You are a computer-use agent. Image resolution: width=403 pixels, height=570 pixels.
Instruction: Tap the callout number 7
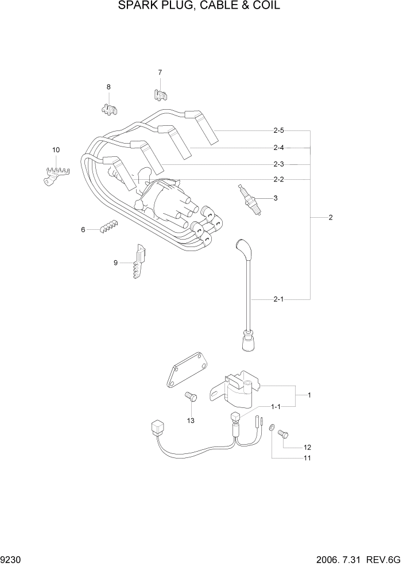tap(160, 72)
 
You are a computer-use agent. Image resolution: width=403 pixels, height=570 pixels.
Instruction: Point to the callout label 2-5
tap(278, 131)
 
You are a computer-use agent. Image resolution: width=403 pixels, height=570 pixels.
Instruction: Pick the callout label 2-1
tap(278, 299)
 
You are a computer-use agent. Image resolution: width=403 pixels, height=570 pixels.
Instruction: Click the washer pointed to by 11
tap(272, 430)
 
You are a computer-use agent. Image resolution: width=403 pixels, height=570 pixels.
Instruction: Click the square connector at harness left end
tap(154, 427)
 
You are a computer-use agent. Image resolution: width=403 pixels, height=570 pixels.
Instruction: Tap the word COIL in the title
tap(266, 6)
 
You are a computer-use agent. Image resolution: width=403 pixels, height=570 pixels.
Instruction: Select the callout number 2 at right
tap(331, 218)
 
